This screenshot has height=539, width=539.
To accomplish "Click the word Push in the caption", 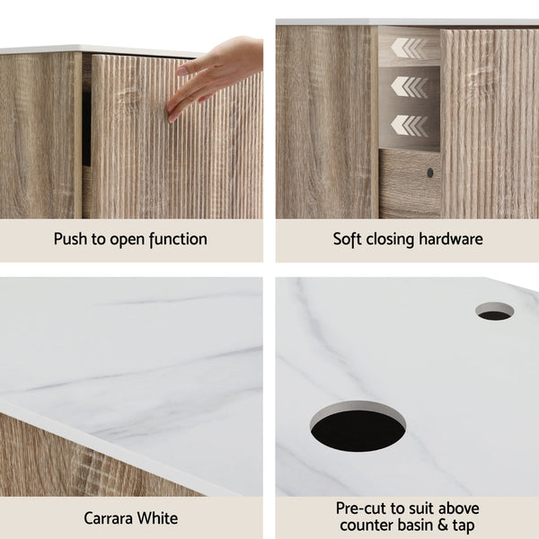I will (71, 239).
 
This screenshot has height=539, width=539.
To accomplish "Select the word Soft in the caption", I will (349, 239).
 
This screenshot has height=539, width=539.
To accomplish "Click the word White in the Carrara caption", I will (162, 518).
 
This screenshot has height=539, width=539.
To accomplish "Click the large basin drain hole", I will (358, 427).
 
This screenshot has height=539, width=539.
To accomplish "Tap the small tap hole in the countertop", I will (494, 312).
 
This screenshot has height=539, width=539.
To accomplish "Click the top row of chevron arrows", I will (411, 48).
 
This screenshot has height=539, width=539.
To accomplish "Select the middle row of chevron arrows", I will (411, 86).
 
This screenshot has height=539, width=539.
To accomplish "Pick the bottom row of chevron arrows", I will (411, 125).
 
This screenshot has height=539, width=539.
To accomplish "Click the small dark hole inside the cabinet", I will (429, 172).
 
